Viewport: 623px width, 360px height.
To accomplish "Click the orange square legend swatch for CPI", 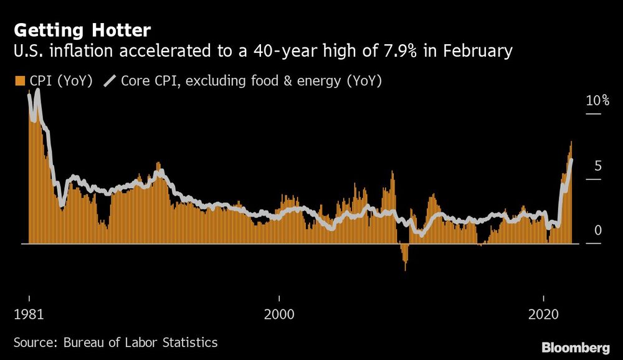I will point(19,81).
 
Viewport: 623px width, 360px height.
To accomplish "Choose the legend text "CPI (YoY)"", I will point(60,81).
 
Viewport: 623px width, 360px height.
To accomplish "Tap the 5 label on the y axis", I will point(597,166).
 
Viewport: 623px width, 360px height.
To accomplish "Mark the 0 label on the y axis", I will point(597,231).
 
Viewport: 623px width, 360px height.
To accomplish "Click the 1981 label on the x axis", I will point(29,315).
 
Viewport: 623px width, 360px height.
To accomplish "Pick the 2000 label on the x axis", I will point(280,315).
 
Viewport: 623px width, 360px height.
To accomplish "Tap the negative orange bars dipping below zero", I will point(405,257).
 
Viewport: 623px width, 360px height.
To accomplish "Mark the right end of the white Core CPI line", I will point(572,161).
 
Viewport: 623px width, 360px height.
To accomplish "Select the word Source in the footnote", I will point(32,342).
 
